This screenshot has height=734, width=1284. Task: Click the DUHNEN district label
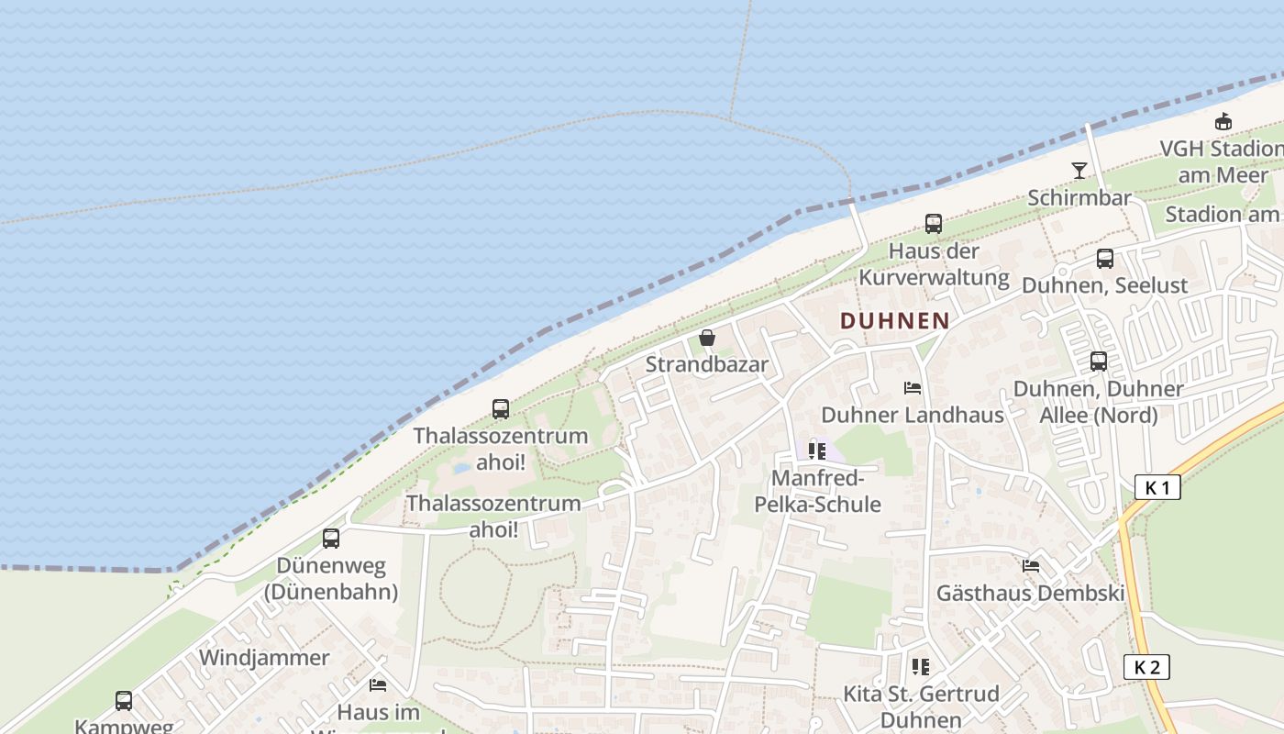(894, 320)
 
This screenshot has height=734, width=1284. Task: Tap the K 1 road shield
(1157, 487)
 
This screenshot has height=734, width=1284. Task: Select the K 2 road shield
(1146, 667)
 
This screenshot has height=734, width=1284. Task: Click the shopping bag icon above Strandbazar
(707, 338)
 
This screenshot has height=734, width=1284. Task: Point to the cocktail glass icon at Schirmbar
(1079, 171)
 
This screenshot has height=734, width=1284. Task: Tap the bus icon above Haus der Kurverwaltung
(934, 224)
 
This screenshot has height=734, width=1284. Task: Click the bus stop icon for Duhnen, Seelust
(1105, 259)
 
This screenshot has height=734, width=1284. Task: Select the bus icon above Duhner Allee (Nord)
(1099, 361)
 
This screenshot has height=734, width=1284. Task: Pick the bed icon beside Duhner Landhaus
(913, 388)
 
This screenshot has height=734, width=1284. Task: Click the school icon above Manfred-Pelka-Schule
(816, 451)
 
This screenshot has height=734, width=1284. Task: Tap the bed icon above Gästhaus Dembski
(1031, 566)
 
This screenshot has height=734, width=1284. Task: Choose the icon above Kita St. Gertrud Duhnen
(921, 667)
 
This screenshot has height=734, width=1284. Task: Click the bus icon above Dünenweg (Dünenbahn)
(331, 539)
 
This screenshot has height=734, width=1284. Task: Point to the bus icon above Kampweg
(124, 701)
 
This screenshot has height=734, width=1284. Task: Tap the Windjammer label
(264, 658)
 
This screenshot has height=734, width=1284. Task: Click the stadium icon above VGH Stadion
(1223, 121)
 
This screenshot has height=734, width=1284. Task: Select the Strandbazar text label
(707, 364)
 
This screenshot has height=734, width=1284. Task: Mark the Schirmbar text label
(1079, 198)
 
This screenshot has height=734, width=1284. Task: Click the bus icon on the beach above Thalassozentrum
(501, 409)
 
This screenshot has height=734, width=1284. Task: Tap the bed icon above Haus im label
(378, 684)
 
